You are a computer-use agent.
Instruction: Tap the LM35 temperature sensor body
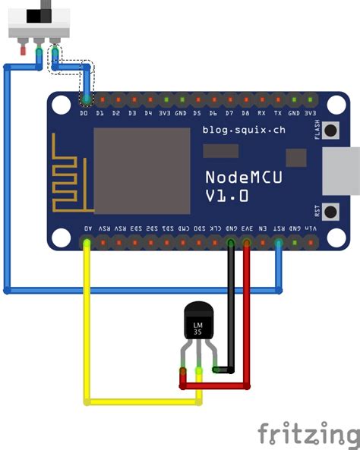[x=198, y=322]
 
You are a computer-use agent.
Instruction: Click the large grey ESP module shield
[x=141, y=171]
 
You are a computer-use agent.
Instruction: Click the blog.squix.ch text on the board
[x=244, y=130]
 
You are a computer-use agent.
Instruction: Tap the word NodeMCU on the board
[x=245, y=177]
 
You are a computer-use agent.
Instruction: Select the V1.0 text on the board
[x=226, y=196]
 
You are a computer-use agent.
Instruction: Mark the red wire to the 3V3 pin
[x=248, y=319]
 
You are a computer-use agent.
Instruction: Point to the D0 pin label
[x=84, y=113]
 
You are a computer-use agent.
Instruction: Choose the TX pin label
[x=277, y=113]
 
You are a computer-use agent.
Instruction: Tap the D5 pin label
[x=197, y=113]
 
